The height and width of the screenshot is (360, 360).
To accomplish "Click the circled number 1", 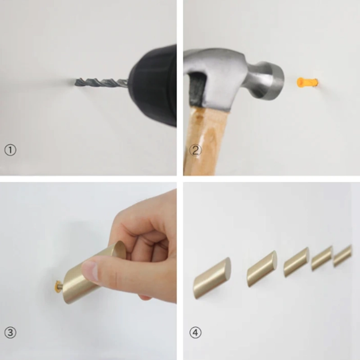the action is pos(10,150).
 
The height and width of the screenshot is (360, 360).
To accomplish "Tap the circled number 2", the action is pos(195,150).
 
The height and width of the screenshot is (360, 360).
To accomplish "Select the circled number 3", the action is pos(10,333).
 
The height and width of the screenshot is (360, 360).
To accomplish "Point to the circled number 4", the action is pos(195,333).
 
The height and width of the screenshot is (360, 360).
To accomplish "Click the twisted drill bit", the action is pos(101,82).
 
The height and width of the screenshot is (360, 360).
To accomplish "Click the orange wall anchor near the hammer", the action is pos(307,82).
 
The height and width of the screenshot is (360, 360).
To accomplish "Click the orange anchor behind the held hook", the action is pos(58,286).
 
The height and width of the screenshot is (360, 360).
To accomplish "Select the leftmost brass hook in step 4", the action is pos(212,278).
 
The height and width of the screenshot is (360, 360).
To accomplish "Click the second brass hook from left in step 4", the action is pos(262,269).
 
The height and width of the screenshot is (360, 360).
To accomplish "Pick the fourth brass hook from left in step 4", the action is pos(322,258).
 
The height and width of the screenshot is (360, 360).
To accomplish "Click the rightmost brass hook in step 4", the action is pos(342,256).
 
